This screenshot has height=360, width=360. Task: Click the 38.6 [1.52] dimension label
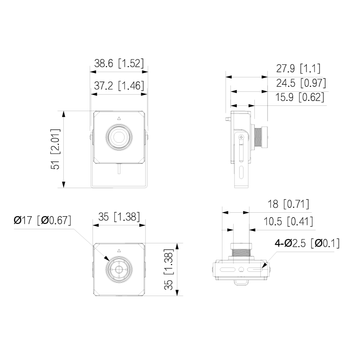click(x=119, y=63)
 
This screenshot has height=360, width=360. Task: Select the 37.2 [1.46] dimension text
click(x=119, y=85)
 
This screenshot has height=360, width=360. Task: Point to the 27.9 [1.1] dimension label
click(x=298, y=68)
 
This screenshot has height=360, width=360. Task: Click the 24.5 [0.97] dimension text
click(x=301, y=83)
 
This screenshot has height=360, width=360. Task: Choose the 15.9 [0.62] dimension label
click(x=300, y=97)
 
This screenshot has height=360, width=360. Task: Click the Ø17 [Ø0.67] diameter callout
click(x=42, y=220)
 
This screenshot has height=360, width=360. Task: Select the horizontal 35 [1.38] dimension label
click(x=119, y=217)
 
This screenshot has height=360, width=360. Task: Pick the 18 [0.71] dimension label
click(x=288, y=204)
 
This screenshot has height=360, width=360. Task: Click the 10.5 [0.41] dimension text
click(x=288, y=221)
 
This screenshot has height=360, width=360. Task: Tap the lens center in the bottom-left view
click(x=119, y=270)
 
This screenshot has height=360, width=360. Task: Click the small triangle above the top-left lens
click(x=119, y=118)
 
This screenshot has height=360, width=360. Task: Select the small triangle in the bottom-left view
click(x=119, y=251)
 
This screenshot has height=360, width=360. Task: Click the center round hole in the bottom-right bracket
click(x=241, y=270)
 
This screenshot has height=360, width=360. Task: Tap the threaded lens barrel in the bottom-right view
click(x=241, y=252)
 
